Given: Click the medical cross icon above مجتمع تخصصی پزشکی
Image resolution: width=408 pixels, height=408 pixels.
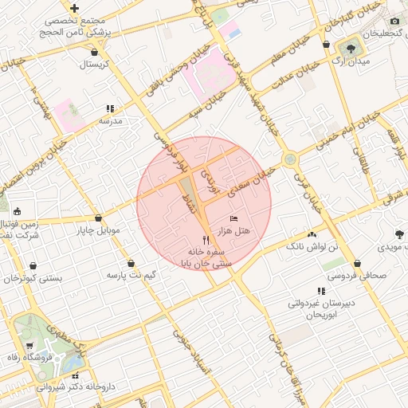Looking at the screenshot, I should (x=74, y=7).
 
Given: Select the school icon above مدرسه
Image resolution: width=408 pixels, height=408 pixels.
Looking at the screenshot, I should (x=109, y=108).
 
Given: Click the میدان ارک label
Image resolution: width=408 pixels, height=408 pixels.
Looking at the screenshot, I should (x=351, y=61).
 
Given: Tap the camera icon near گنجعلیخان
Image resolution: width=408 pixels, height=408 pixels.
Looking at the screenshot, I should (x=394, y=21).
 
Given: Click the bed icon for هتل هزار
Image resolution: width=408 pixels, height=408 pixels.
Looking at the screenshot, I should (x=233, y=218).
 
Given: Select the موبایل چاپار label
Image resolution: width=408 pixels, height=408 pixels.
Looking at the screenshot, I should (x=98, y=231).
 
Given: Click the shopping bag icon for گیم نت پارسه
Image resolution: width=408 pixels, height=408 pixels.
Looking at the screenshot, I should (x=131, y=263).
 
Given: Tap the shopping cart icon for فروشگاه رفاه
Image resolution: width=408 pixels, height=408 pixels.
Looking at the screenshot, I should (x=29, y=346).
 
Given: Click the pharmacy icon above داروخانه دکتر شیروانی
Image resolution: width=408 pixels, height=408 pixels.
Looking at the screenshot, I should (x=76, y=375).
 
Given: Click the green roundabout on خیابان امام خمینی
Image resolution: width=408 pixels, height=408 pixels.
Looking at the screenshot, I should (x=290, y=159).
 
